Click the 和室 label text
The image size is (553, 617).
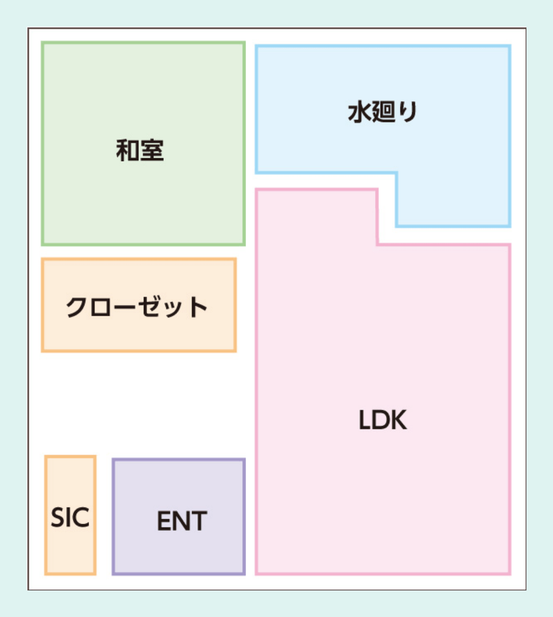(x=140, y=150)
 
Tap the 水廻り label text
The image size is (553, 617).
(x=382, y=113)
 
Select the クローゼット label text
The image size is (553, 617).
(x=137, y=307)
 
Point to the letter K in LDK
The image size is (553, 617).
(x=398, y=421)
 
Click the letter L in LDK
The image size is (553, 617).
(x=364, y=421)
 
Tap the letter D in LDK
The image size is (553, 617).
(x=380, y=421)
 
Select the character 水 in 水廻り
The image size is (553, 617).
(x=359, y=113)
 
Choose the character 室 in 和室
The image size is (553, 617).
(x=152, y=150)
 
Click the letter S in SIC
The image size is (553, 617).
(x=58, y=518)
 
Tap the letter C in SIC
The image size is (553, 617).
(x=81, y=518)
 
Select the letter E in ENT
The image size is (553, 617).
(x=164, y=521)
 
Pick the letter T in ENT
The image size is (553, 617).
(x=199, y=521)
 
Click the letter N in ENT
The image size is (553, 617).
(x=181, y=521)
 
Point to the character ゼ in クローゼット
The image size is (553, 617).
(x=153, y=307)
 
